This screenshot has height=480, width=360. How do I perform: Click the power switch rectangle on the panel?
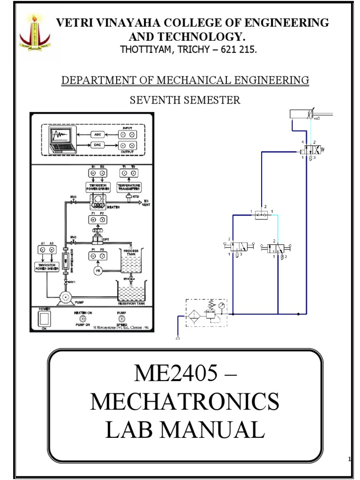point(44,320)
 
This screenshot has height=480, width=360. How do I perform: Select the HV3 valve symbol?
point(73,202)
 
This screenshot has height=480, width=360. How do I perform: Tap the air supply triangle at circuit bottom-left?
point(178,338)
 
